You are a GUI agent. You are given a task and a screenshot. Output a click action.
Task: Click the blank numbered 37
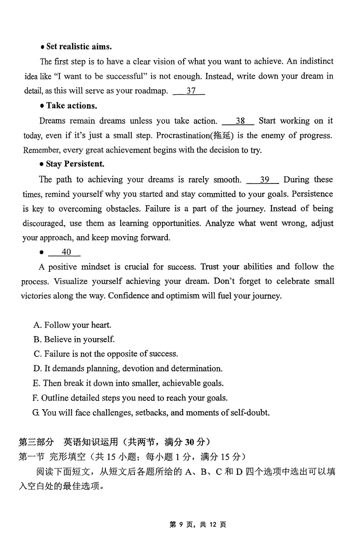[x=189, y=91]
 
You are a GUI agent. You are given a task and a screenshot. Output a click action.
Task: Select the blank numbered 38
[x=238, y=121]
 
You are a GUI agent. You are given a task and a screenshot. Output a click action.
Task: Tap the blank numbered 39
[x=263, y=179]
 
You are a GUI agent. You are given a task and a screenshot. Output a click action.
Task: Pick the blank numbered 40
[x=64, y=252]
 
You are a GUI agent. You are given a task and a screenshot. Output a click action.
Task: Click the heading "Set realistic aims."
[x=79, y=47]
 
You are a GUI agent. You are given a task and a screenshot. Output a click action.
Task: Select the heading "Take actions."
[x=71, y=106]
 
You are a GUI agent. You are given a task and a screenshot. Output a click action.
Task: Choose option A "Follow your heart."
[x=72, y=325]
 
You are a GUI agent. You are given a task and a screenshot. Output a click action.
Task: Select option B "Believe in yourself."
[x=74, y=340]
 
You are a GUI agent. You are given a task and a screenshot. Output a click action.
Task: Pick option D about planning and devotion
[x=128, y=369]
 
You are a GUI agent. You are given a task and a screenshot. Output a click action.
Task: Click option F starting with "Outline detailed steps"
[x=130, y=398]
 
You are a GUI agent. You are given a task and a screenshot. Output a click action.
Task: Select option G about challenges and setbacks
[x=151, y=412]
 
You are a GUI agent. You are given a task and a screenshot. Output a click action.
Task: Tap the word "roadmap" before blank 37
[x=152, y=91]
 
